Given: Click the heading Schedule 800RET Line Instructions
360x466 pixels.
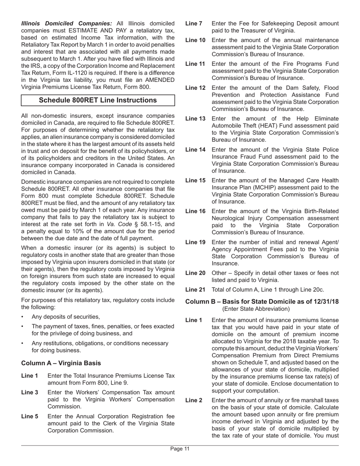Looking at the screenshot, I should point(98,100).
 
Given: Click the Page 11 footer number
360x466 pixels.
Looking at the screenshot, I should point(180,449).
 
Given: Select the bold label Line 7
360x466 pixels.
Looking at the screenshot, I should point(194,24).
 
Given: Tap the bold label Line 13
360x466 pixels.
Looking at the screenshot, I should point(195,119).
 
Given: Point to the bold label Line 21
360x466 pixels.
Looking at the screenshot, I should point(195,290).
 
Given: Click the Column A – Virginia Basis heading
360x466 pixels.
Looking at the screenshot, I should point(61,363).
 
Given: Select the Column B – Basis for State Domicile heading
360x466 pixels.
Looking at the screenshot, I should point(262,302).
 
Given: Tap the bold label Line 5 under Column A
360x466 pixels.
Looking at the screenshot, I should point(30,416).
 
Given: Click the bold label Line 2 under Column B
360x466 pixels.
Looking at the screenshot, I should point(194,400).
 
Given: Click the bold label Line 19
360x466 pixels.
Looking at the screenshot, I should point(195,242).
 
